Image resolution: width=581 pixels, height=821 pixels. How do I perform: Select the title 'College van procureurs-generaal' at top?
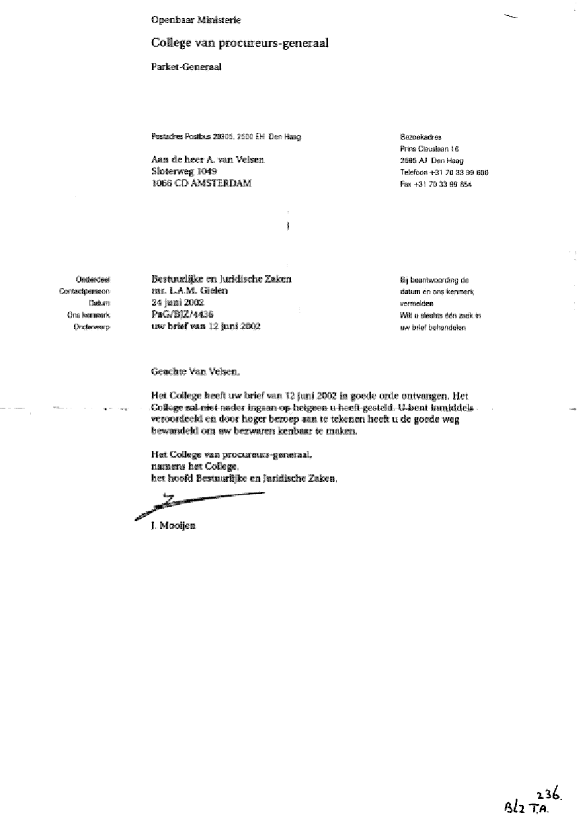240,43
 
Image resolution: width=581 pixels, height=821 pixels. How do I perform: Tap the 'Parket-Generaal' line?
186,67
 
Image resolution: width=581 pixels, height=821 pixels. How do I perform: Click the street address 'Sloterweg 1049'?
184,172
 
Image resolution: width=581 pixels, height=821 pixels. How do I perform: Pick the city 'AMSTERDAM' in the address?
219,183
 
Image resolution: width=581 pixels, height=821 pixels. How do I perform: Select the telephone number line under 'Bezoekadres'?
444,172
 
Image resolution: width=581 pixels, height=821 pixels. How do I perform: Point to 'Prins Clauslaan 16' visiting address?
429,149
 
